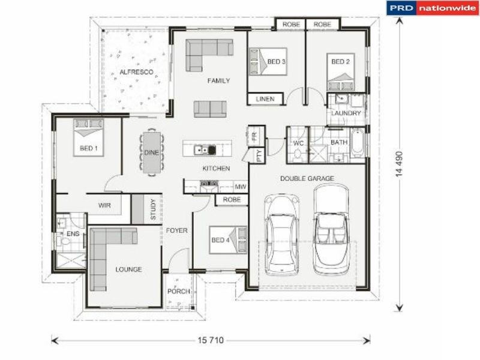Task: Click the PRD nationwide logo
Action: pos(432,8)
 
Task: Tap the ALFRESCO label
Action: pos(136,72)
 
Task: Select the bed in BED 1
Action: pos(88,137)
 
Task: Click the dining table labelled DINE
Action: pos(151,152)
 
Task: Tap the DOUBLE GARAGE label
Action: pos(307,178)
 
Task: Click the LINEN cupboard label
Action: pos(265,98)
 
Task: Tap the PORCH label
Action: pos(179,292)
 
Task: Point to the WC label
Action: pos(298,143)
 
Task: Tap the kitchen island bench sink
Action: pos(208,149)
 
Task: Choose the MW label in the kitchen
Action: pos(240,187)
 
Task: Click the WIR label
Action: pos(104,205)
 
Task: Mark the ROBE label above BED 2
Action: pos(322,25)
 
